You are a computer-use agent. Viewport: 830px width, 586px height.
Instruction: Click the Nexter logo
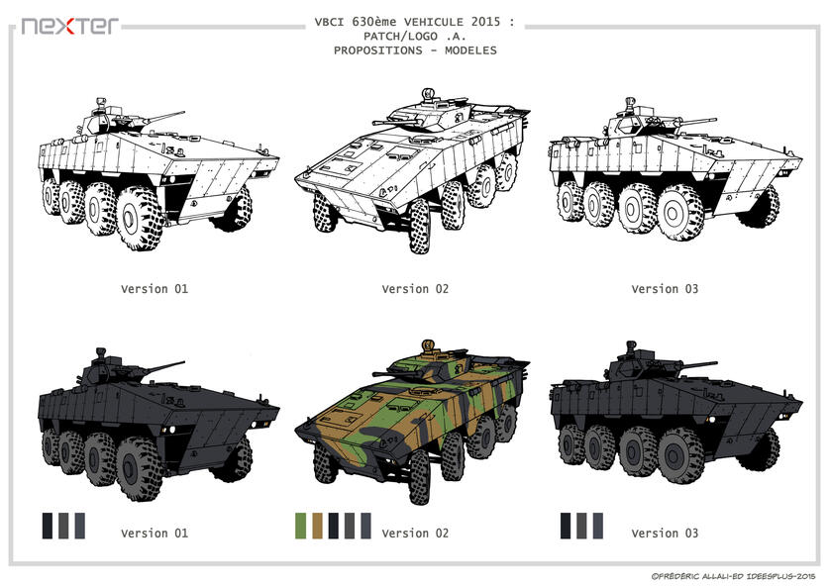[70, 26]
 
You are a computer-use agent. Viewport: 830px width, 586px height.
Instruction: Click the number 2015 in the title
[485, 22]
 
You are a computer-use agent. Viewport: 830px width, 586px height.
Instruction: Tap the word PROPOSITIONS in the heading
[378, 50]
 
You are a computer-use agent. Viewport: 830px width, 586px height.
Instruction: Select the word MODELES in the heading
[470, 50]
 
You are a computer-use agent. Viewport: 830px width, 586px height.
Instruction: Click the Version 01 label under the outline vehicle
[155, 289]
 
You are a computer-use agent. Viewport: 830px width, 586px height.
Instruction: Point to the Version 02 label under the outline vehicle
[415, 289]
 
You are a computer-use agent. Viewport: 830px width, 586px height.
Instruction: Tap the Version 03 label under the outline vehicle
[665, 289]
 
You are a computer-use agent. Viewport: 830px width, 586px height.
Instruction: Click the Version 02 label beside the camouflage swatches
[415, 533]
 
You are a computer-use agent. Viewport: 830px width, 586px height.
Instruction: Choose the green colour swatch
[301, 526]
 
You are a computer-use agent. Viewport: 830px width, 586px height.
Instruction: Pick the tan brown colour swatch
[317, 526]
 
